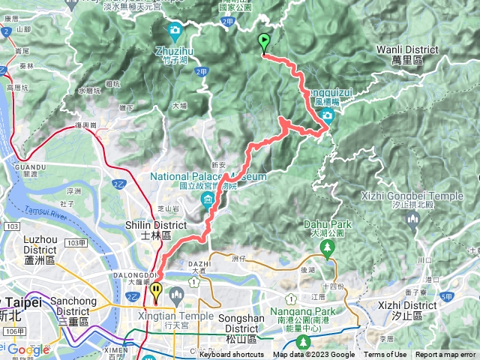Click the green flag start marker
click(x=264, y=42)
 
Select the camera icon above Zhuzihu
click(x=175, y=31)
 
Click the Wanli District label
click(x=401, y=49)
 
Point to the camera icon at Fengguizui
click(x=327, y=115)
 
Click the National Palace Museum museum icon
click(x=207, y=200)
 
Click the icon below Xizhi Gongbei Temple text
click(x=412, y=218)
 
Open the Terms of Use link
click(x=385, y=355)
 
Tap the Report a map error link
click(x=447, y=355)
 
